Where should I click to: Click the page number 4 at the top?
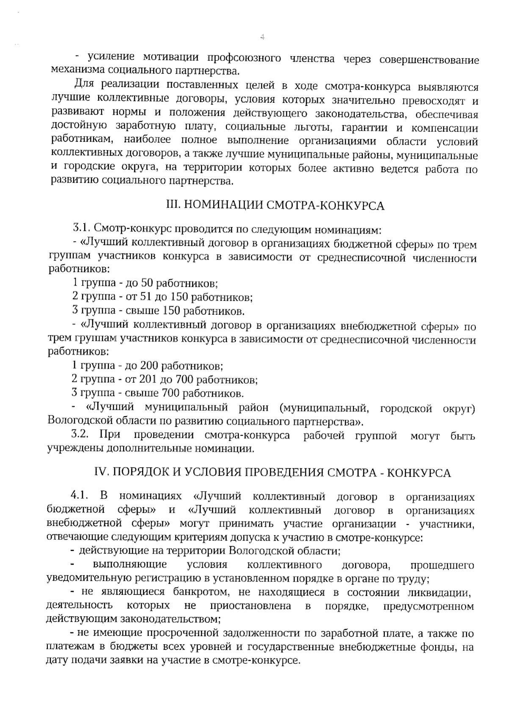[x=262, y=37]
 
